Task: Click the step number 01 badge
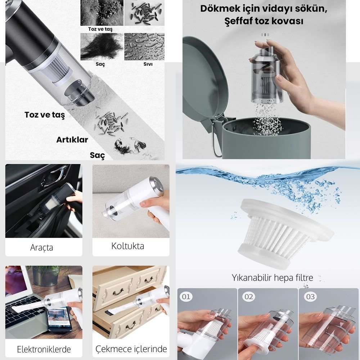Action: pyautogui.click(x=186, y=297)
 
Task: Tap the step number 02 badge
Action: pyautogui.click(x=248, y=297)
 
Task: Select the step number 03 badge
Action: pyautogui.click(x=310, y=297)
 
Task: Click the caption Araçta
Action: pyautogui.click(x=41, y=248)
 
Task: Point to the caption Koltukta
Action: pyautogui.click(x=128, y=246)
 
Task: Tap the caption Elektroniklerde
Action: pyautogui.click(x=44, y=349)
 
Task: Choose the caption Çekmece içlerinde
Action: pyautogui.click(x=131, y=349)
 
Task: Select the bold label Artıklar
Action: pyautogui.click(x=72, y=140)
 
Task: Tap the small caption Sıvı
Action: pyautogui.click(x=148, y=64)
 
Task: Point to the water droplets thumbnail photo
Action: pyautogui.click(x=144, y=46)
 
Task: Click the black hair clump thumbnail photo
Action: pyautogui.click(x=102, y=46)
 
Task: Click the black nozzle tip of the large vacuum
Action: pyautogui.click(x=80, y=93)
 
